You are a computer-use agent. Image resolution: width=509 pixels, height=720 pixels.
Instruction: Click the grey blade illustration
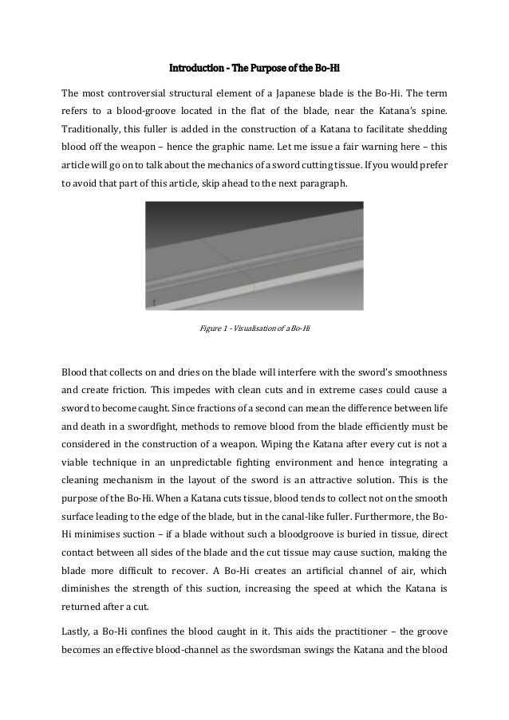click(x=254, y=254)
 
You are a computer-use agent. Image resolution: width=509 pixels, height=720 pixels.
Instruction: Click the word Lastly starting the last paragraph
click(x=78, y=630)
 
